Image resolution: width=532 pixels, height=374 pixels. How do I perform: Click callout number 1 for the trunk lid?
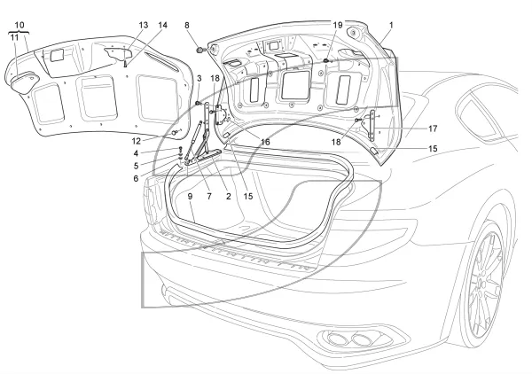391,25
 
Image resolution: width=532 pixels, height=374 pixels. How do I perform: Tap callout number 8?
187,25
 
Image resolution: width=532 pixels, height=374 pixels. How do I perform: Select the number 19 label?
338,25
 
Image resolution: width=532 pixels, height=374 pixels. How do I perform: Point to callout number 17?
433,129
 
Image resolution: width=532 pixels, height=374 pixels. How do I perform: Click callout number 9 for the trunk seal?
190,197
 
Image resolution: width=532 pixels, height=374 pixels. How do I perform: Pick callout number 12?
136,141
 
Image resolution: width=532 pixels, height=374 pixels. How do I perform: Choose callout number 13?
144,25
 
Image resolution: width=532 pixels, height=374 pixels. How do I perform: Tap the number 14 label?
162,25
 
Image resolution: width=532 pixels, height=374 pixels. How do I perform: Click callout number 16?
265,142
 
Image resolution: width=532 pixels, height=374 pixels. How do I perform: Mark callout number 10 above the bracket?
20,25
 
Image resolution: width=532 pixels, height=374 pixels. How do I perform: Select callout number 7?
209,197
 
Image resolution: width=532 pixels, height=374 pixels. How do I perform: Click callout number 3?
199,78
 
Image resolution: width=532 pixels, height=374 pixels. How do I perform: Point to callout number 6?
136,178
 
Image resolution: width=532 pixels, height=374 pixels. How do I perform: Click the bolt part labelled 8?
201,51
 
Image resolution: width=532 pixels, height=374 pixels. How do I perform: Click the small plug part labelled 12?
175,133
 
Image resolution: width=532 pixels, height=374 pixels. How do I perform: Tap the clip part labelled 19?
326,60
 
